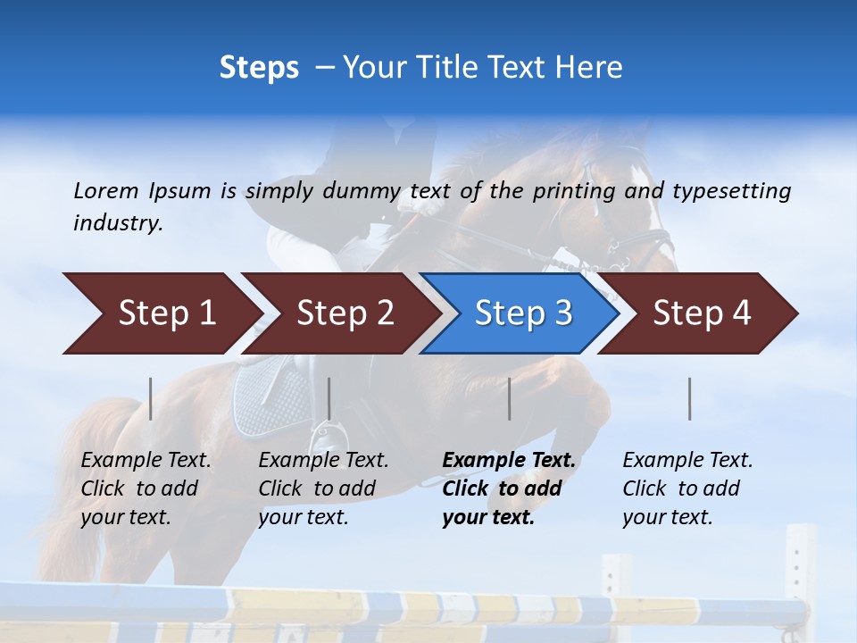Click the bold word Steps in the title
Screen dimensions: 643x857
pos(259,68)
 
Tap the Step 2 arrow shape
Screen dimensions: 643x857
pos(344,313)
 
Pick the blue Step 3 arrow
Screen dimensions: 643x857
pos(521,313)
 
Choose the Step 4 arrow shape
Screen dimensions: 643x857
pos(701,313)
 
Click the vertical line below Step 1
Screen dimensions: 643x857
pos(151,398)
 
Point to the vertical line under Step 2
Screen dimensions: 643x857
pos(329,398)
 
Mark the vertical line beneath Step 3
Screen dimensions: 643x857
pos(510,398)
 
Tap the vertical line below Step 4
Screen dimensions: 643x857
pos(690,398)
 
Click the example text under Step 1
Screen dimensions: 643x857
pos(146,489)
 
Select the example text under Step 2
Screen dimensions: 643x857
pos(323,489)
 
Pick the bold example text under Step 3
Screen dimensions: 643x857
pos(509,489)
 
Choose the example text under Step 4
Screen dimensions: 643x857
pos(687,489)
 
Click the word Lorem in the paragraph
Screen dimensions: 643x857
pos(106,190)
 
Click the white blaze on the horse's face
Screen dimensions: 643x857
pos(645,183)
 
